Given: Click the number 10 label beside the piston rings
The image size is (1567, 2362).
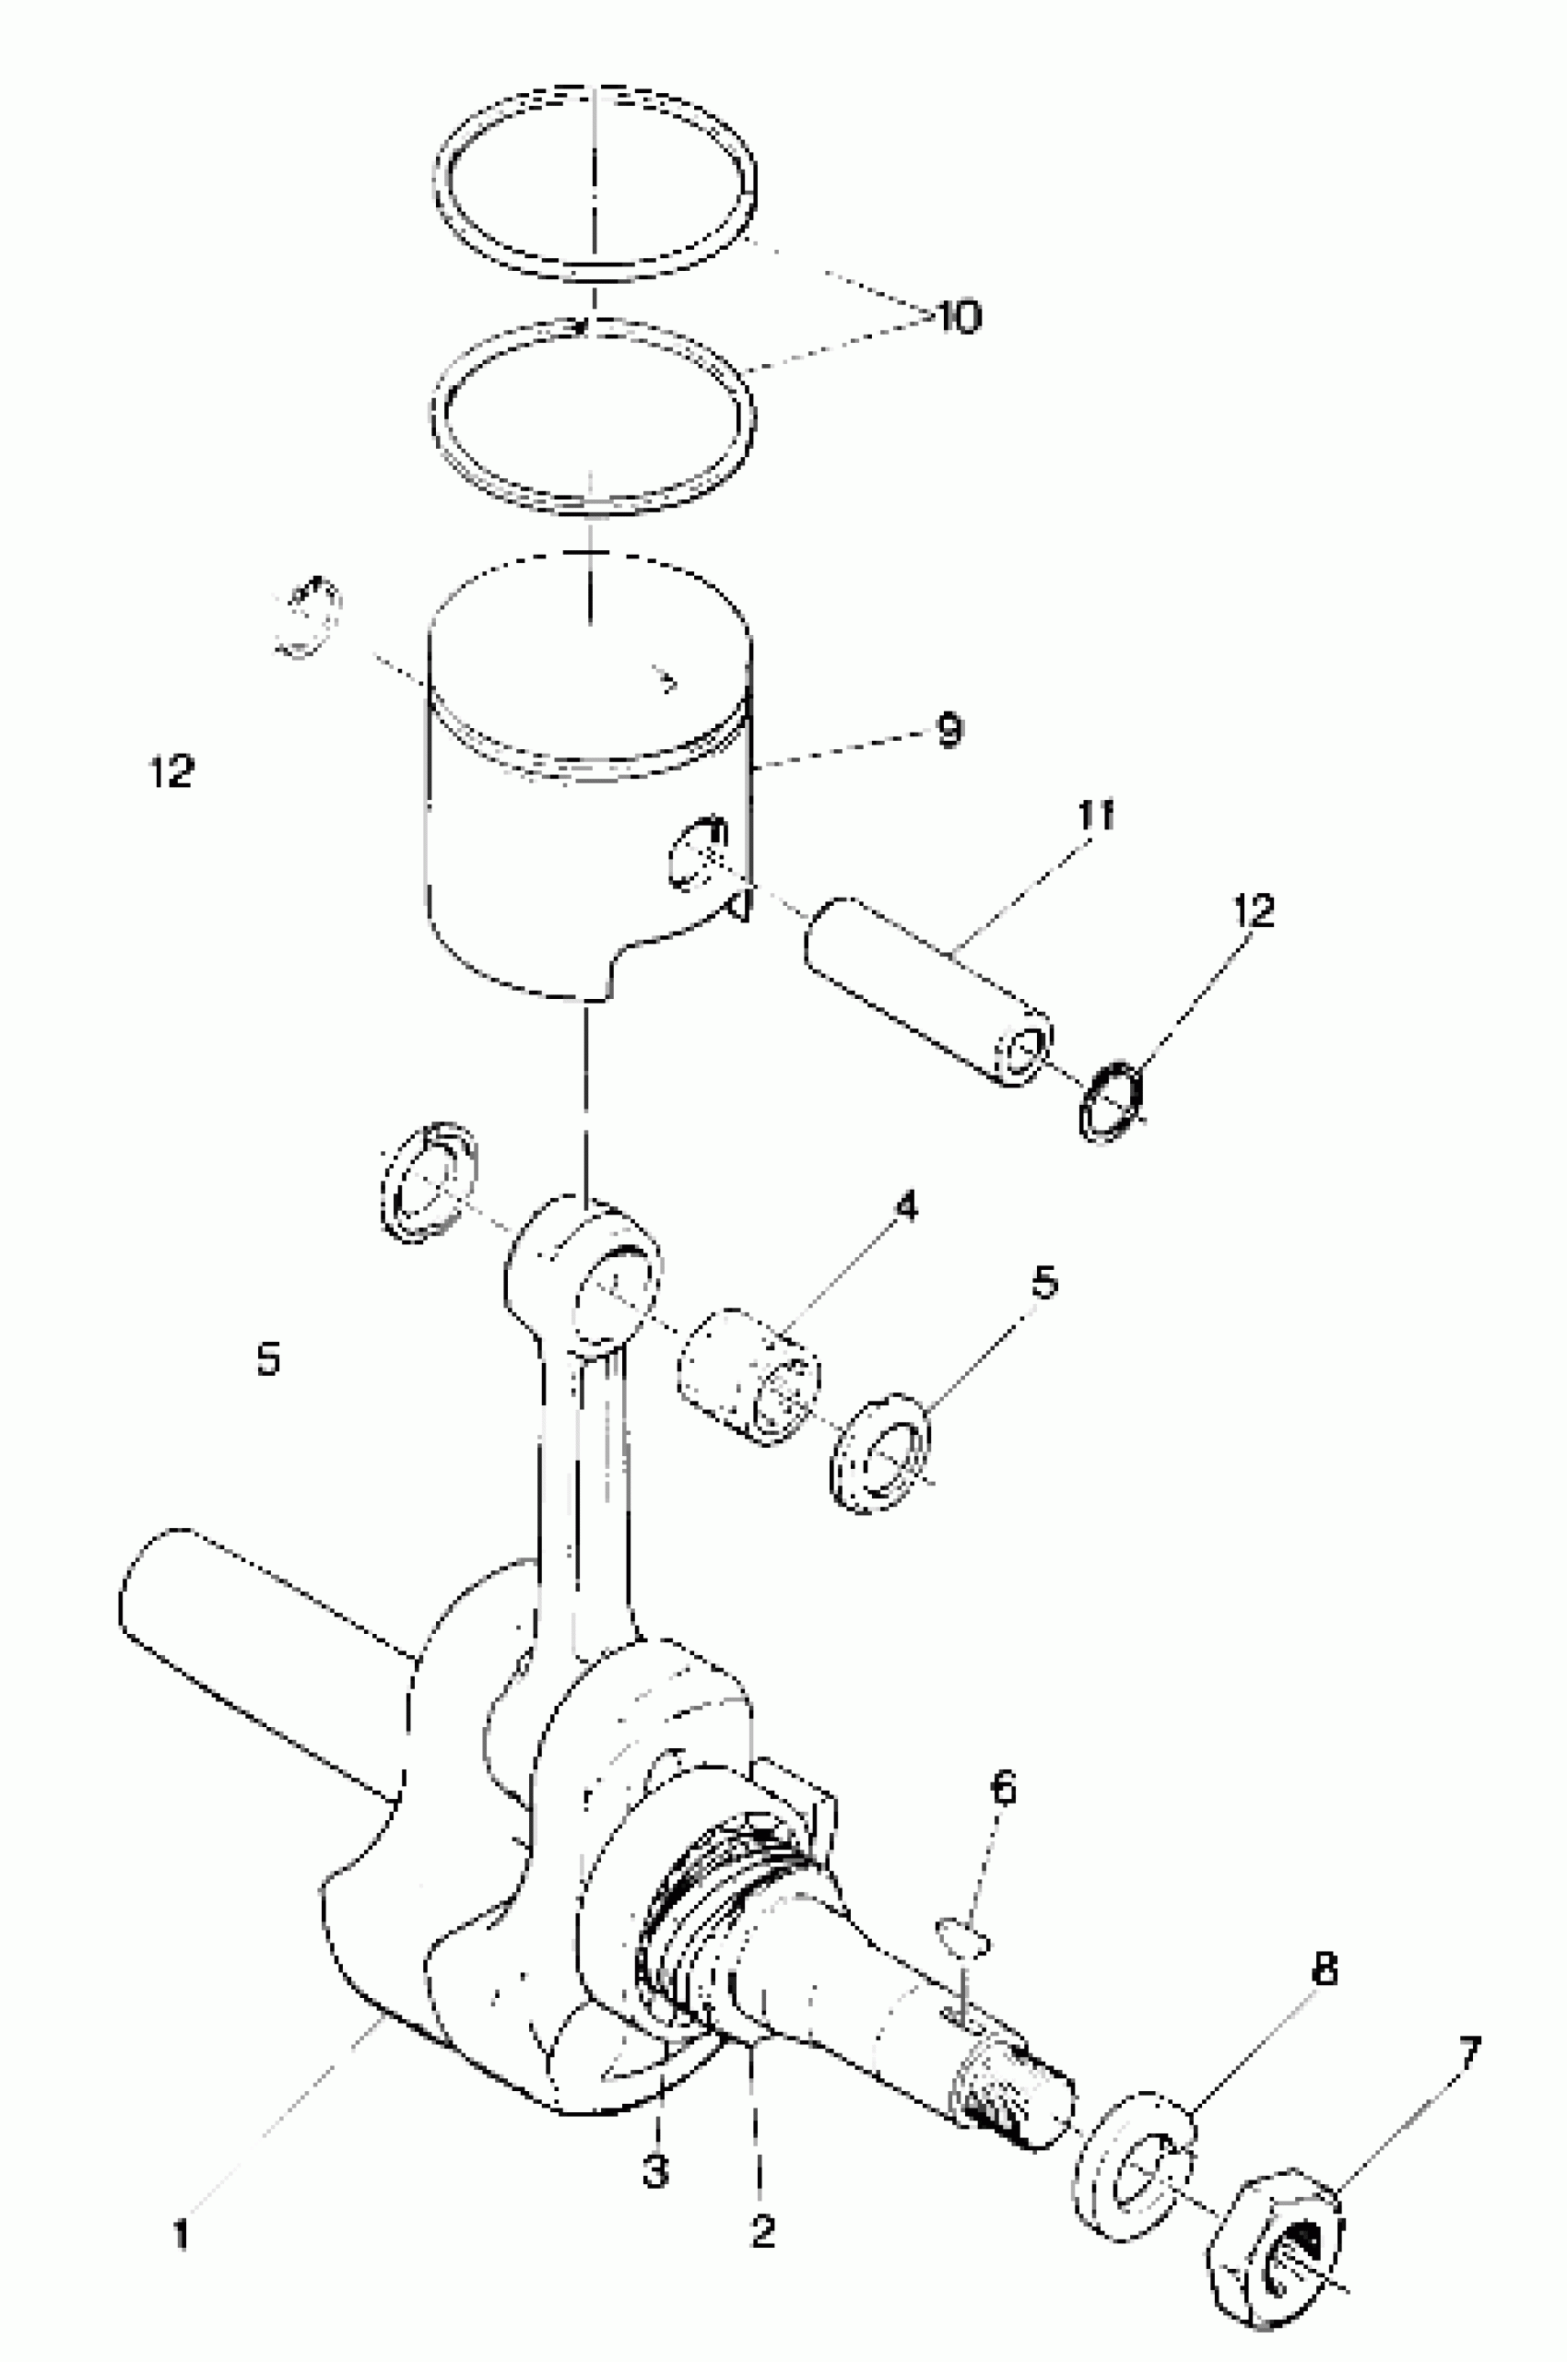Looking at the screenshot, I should tap(958, 317).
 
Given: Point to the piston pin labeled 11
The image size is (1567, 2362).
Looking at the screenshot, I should tap(929, 989).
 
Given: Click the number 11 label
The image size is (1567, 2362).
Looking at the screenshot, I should tap(1095, 816).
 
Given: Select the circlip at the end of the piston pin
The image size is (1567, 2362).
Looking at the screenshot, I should tap(1111, 1102).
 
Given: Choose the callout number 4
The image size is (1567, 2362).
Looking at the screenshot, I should tap(904, 1207).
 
